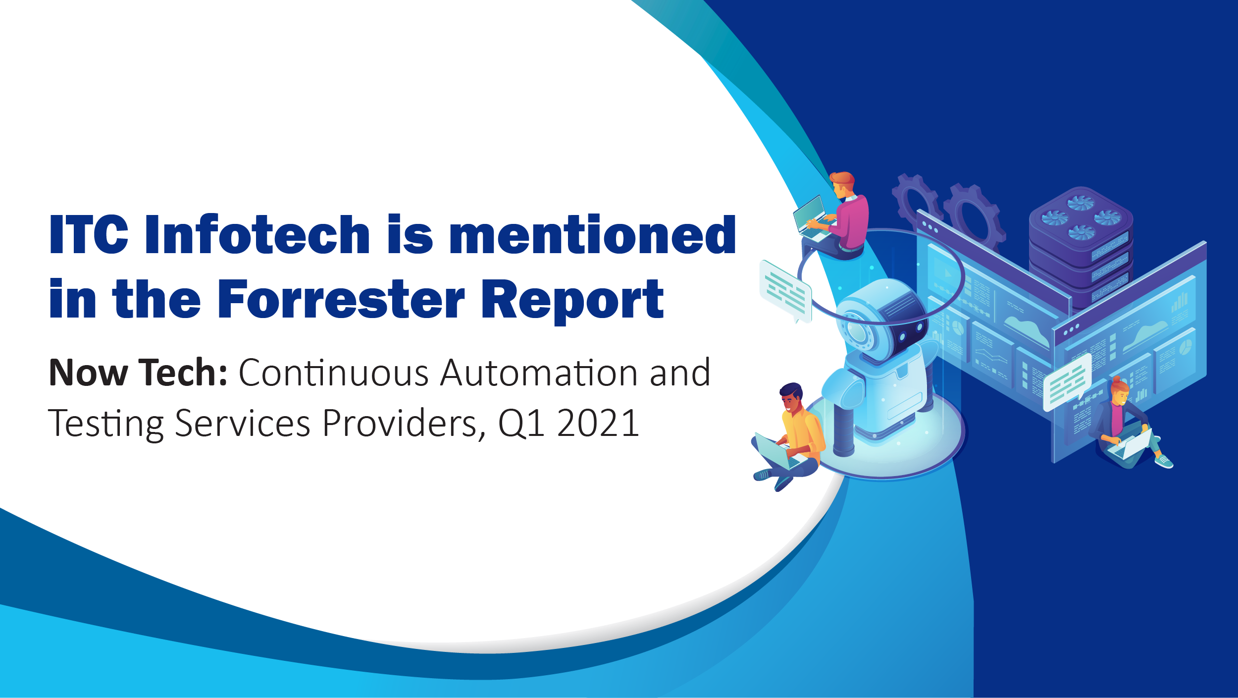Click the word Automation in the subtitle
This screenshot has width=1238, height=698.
[540, 373]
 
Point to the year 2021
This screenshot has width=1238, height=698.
[598, 424]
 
